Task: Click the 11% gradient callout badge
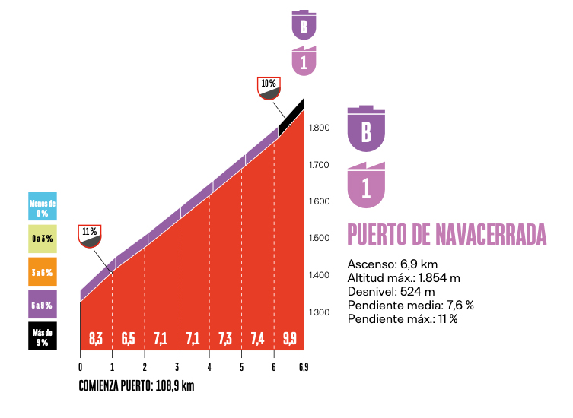coord(90,236)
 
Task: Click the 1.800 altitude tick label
coord(320,128)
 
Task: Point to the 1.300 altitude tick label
coord(320,312)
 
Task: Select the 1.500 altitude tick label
coord(320,239)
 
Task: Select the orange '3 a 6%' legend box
coord(43,271)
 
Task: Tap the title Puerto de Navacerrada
coord(447,235)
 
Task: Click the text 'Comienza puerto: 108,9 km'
coord(137,386)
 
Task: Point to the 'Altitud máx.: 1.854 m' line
coord(404,277)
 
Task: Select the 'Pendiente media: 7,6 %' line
coord(410,305)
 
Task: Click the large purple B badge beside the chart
coord(366,128)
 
